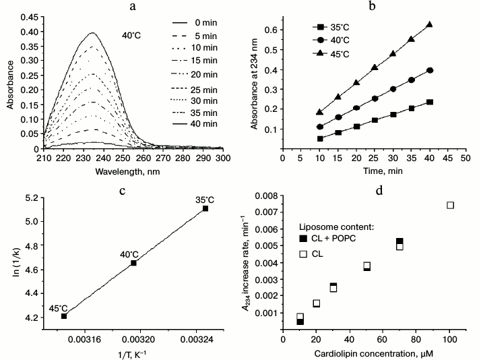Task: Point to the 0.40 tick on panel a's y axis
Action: (x=30, y=13)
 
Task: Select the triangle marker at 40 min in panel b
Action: (x=429, y=24)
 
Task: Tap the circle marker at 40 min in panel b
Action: (x=429, y=70)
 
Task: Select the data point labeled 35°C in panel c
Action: (x=205, y=208)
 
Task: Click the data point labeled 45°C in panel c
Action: (x=64, y=316)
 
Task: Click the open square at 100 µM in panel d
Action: (x=451, y=205)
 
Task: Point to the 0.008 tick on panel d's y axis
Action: (x=267, y=196)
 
